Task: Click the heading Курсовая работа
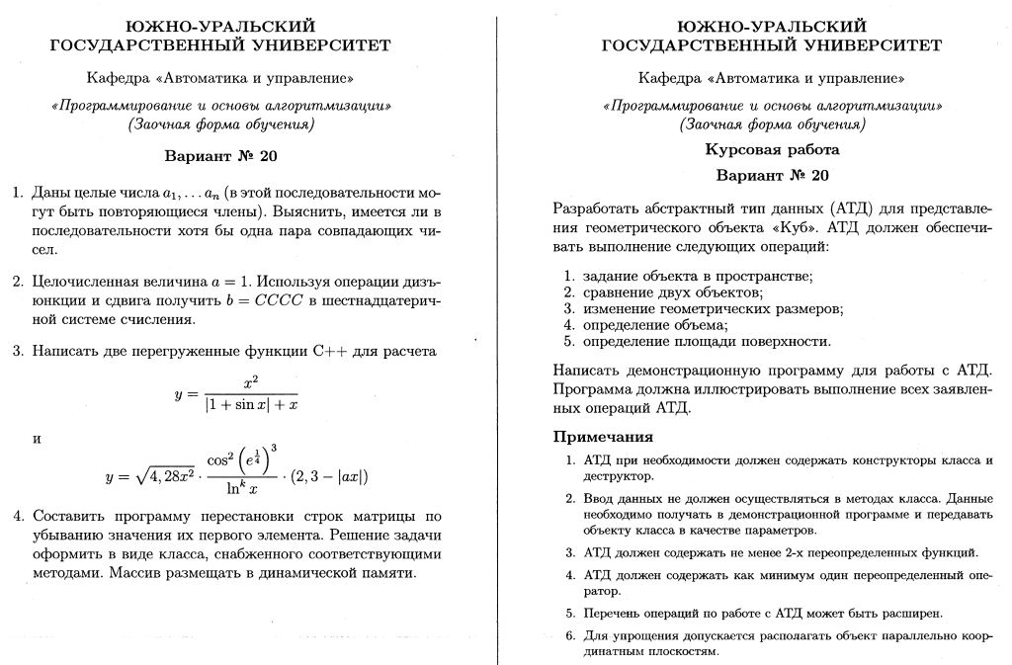pos(772,150)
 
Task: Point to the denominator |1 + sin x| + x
pos(251,404)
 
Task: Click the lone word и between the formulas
pos(38,437)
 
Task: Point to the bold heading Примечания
pos(603,437)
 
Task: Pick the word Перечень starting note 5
pos(610,613)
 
